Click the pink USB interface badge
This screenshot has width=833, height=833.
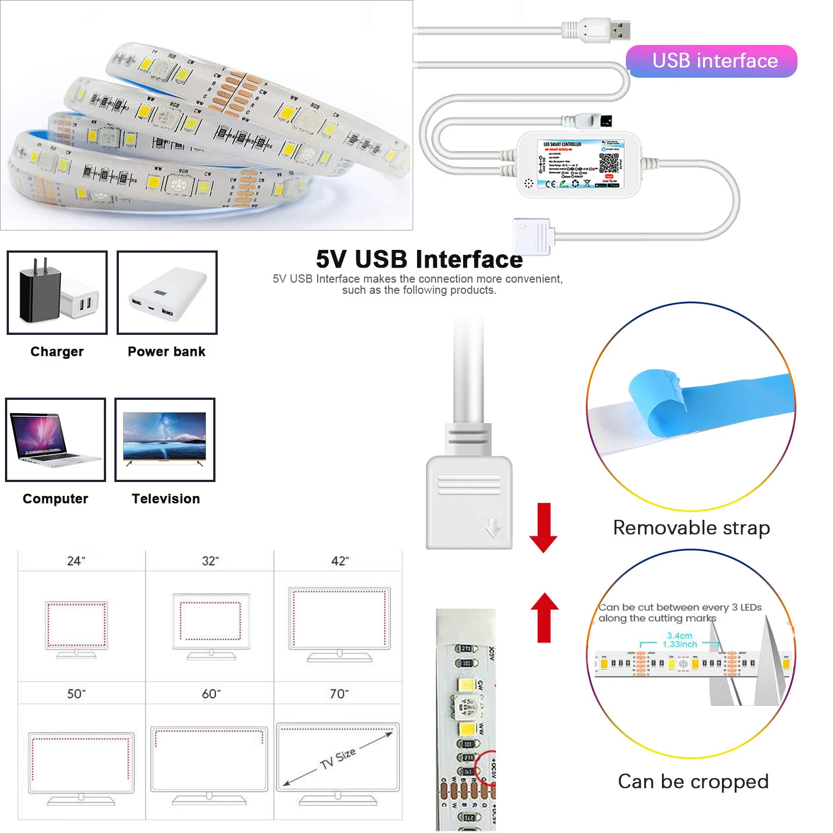click(711, 61)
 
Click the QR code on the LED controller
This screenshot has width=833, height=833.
click(609, 162)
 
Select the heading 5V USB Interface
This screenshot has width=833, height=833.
click(419, 259)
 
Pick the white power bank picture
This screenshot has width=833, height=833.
click(167, 294)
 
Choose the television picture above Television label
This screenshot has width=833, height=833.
click(164, 438)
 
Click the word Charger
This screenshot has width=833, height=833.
click(57, 352)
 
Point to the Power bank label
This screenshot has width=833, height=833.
click(167, 352)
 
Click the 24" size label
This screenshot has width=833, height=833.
click(76, 561)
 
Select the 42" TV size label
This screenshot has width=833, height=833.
click(340, 561)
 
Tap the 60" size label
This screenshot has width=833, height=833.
click(211, 694)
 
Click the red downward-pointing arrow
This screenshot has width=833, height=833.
click(543, 528)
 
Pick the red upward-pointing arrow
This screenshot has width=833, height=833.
click(544, 616)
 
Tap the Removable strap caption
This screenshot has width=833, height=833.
click(691, 528)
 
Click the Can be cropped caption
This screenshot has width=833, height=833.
click(693, 781)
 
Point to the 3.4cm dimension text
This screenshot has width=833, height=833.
click(680, 635)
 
